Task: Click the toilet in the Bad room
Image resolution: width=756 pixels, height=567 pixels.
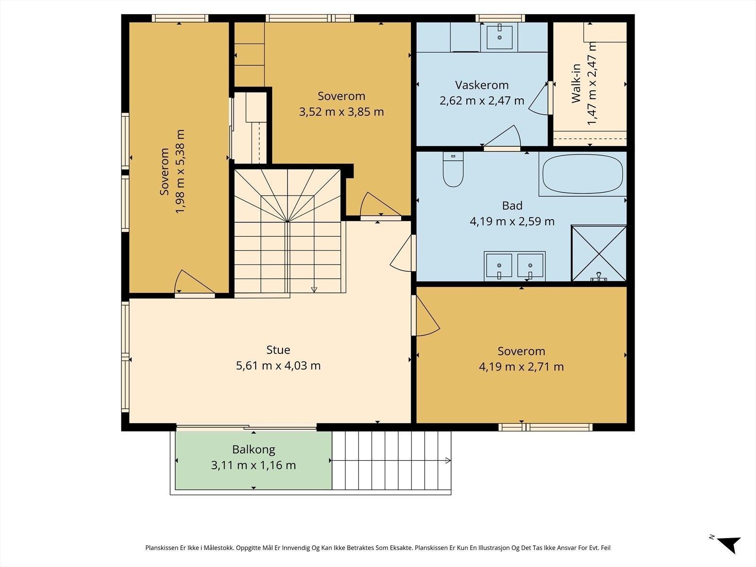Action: [x=453, y=169]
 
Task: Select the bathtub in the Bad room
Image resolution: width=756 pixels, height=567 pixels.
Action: [x=583, y=174]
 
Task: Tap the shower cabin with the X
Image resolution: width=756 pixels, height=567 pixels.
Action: [x=599, y=253]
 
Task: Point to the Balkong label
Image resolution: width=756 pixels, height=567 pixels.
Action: [x=253, y=449]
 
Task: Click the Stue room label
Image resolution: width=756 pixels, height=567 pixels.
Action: [x=278, y=350]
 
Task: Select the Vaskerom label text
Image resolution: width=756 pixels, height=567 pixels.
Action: [x=481, y=85]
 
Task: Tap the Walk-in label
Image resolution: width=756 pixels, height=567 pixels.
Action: [x=576, y=84]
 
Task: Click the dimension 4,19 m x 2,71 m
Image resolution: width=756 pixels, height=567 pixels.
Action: [x=521, y=367]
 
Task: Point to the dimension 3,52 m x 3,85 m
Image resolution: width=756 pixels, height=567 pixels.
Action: [x=341, y=112]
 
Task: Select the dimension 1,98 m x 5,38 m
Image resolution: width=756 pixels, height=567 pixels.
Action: [x=180, y=172]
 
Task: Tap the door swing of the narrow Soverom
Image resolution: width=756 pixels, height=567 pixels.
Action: [x=194, y=282]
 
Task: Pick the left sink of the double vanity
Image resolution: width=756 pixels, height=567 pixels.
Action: [x=499, y=266]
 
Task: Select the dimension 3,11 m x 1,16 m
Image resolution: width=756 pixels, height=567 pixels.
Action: [x=253, y=465]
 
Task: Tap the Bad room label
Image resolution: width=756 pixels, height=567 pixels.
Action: [x=512, y=206]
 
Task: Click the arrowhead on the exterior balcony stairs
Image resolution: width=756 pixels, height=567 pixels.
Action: [x=448, y=460]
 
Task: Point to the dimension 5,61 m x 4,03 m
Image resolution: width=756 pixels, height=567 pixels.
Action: [x=278, y=365]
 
